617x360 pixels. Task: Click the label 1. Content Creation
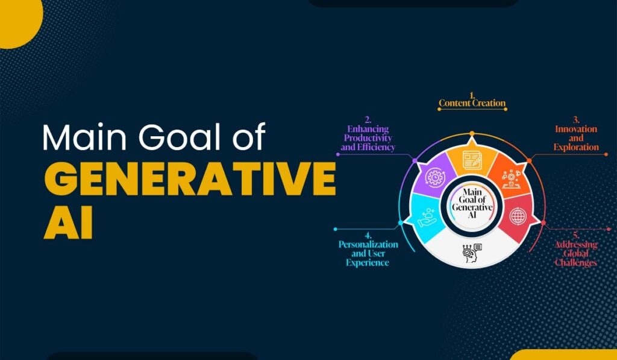(472, 103)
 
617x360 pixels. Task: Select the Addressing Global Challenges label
(575, 253)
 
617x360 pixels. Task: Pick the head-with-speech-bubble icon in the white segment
(472, 253)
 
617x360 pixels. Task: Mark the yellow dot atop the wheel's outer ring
(472, 133)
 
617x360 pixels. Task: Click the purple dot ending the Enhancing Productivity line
(337, 154)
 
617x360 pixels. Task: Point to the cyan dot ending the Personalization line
(334, 229)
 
